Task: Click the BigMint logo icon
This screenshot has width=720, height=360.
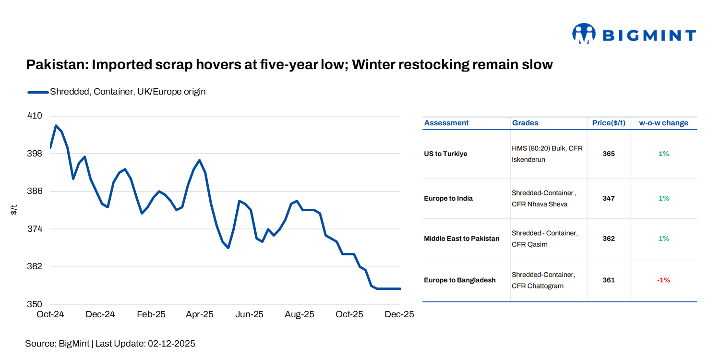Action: (x=584, y=34)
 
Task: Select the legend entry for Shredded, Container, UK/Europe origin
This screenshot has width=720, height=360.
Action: (x=127, y=91)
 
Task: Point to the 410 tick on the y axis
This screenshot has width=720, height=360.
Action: (x=35, y=116)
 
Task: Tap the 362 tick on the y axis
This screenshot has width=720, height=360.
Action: (x=35, y=266)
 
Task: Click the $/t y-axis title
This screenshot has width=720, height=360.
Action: (x=14, y=209)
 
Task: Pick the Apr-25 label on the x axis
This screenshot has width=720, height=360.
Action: (x=200, y=314)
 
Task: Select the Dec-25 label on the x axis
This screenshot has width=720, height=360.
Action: (x=399, y=314)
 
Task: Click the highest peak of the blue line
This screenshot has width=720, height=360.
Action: (x=56, y=126)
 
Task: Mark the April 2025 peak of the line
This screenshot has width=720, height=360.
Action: (x=200, y=160)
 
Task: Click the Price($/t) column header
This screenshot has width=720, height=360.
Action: (x=609, y=123)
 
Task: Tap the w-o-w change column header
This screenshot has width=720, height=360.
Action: (x=663, y=123)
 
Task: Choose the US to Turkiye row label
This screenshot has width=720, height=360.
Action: (x=445, y=154)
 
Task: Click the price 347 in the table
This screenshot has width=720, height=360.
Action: (x=609, y=198)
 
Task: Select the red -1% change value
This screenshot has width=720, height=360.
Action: (x=663, y=280)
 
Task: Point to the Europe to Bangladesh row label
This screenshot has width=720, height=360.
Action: (x=459, y=280)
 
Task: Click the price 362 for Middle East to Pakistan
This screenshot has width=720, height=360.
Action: (x=609, y=239)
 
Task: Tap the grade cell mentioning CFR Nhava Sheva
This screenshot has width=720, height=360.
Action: (x=544, y=198)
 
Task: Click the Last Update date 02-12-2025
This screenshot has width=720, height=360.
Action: (x=171, y=344)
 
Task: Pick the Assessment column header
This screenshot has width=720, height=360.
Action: (x=446, y=123)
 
